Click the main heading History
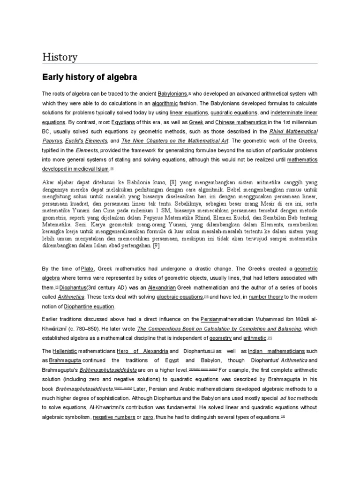click(60, 57)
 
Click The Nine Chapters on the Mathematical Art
click(174, 141)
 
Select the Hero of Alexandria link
click(143, 351)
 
